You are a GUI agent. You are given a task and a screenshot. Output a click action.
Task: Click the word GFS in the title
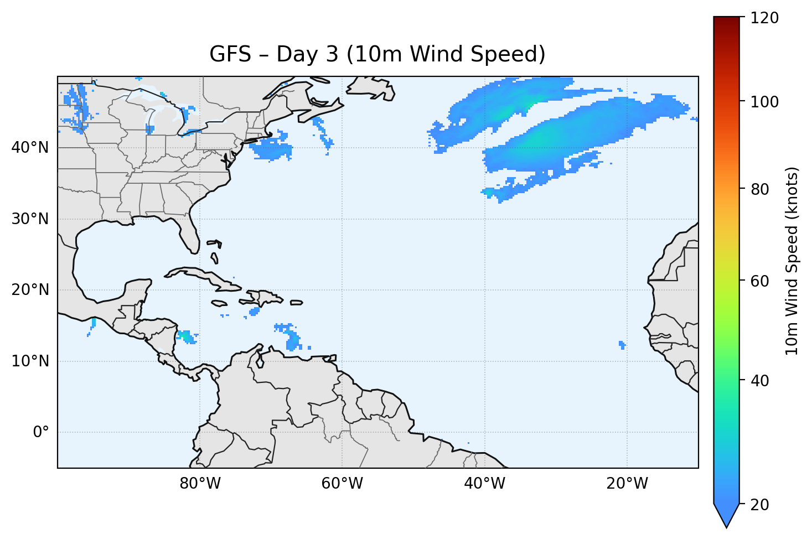point(229,54)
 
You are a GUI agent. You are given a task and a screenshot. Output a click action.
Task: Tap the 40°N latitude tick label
point(30,148)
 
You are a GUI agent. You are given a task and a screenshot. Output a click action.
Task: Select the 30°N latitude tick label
point(30,219)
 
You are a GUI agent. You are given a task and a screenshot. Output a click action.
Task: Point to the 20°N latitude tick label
point(30,290)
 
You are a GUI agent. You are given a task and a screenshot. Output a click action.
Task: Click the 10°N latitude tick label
point(30,361)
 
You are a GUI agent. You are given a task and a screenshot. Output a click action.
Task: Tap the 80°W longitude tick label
point(200,484)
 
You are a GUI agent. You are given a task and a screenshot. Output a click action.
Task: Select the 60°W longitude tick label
point(342,484)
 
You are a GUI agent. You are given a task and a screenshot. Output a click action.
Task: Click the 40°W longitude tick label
point(484,484)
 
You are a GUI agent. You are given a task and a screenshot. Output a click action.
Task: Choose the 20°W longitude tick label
point(627,484)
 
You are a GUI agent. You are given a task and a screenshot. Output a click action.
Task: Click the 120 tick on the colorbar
point(764,18)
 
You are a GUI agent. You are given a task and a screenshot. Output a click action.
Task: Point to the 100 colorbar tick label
point(764,102)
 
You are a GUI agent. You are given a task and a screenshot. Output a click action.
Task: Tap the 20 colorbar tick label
point(761,505)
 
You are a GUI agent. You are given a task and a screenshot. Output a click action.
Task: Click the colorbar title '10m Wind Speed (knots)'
point(792,261)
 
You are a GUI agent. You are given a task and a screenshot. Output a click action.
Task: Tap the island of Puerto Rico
point(297,302)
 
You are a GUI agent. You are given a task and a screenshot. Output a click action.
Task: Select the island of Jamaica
point(219,303)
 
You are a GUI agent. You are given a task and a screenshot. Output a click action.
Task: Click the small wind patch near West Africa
point(622,345)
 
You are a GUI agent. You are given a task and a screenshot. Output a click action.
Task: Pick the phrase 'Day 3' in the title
point(307,54)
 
